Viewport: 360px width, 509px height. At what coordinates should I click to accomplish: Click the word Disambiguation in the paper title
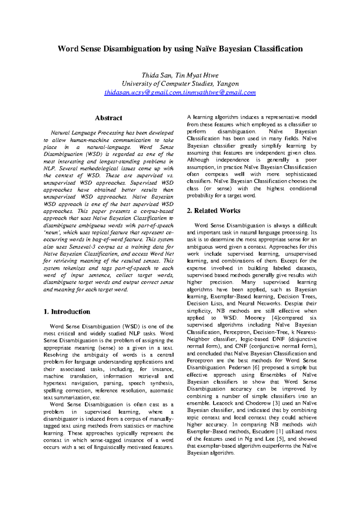(132, 49)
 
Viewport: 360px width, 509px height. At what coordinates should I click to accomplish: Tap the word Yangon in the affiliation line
(228, 84)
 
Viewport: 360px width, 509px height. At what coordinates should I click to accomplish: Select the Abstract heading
(108, 118)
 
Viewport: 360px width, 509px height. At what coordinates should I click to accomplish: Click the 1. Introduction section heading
(67, 311)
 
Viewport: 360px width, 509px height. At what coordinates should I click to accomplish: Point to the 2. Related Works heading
(213, 210)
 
